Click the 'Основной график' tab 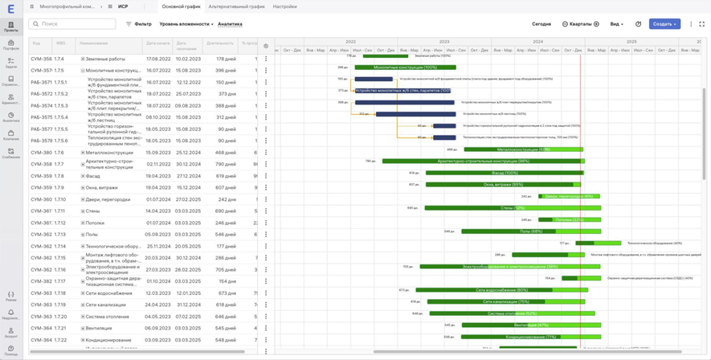click(x=181, y=6)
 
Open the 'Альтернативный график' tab click(x=236, y=6)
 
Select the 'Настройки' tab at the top click(x=284, y=6)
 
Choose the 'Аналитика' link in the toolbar click(x=230, y=24)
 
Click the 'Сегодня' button click(x=541, y=24)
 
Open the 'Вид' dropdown click(x=616, y=24)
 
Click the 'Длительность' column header click(x=219, y=43)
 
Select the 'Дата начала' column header click(x=158, y=43)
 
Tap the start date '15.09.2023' click(x=158, y=153)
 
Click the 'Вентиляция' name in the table click(x=99, y=328)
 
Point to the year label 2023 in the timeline click(x=444, y=41)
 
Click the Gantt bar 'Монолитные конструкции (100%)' click(x=405, y=67)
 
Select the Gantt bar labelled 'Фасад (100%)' click(x=504, y=173)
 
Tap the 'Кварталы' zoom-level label click(x=580, y=24)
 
